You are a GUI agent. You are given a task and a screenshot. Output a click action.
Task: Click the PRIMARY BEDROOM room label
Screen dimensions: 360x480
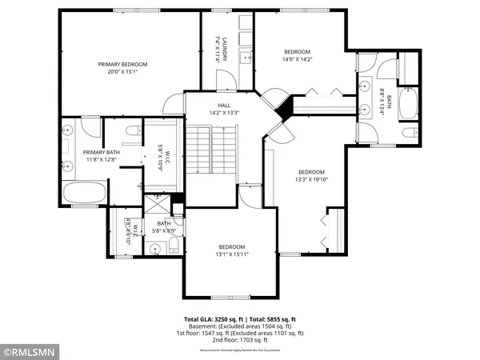[x=129, y=64]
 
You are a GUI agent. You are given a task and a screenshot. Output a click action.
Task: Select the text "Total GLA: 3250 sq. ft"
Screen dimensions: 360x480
[x=217, y=318]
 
